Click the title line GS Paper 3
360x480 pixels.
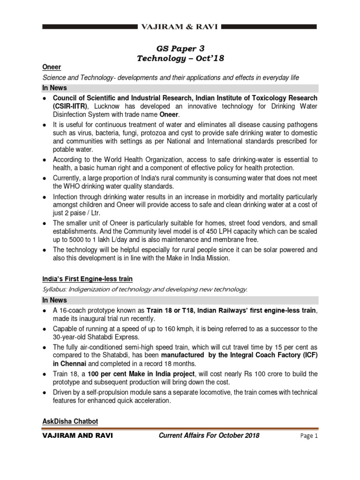(x=180, y=48)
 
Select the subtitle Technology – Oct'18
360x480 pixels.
(x=180, y=58)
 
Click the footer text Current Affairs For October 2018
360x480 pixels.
(x=209, y=435)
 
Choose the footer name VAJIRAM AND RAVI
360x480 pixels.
(x=77, y=435)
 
